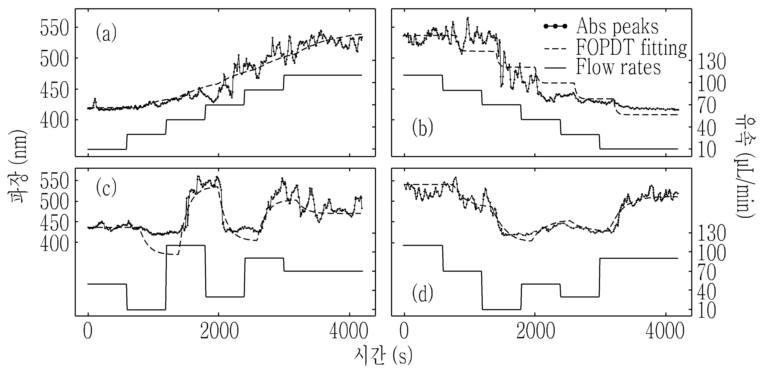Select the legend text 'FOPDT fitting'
point(631,47)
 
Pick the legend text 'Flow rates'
point(618,67)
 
